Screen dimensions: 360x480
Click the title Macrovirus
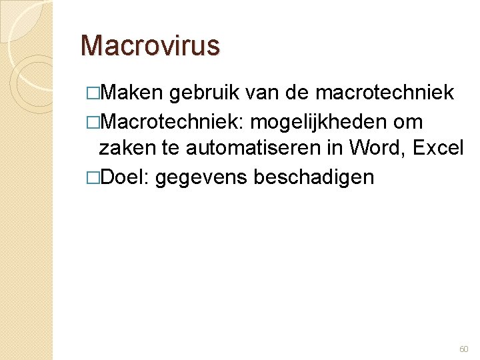149,45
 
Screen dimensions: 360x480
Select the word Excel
438,149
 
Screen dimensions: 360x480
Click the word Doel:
126,177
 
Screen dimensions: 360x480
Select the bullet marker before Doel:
93,178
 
